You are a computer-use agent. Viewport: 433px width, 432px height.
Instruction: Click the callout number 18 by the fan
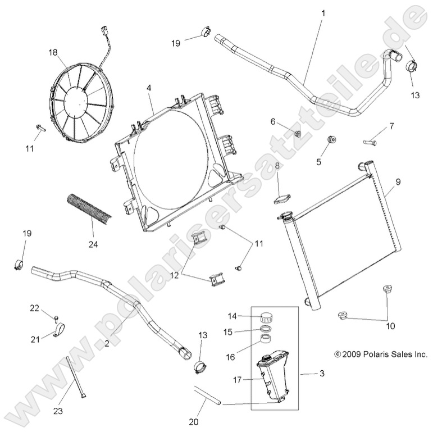tap(53, 52)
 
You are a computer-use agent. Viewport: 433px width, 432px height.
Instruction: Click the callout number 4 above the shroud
tap(149, 88)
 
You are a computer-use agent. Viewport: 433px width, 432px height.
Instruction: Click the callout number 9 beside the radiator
tap(398, 181)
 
